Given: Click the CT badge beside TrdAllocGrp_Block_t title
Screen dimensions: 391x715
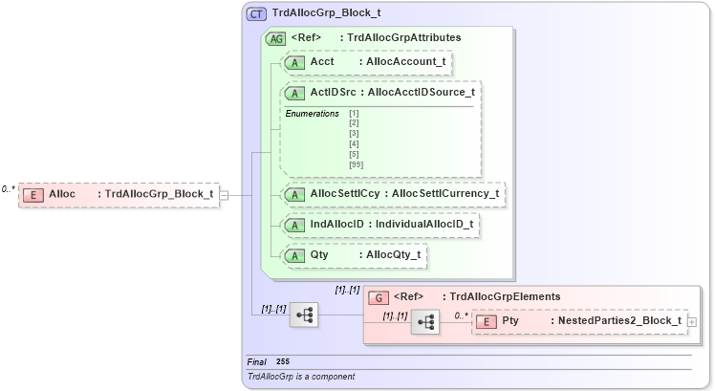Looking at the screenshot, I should [256, 14].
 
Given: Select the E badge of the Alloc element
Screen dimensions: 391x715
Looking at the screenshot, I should [33, 194].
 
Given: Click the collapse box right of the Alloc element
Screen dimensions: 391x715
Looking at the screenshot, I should [225, 195].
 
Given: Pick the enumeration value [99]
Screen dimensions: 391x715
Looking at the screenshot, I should [357, 164].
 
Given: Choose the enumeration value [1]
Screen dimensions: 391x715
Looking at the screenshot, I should [354, 114].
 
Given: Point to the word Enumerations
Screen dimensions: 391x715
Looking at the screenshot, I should [313, 114].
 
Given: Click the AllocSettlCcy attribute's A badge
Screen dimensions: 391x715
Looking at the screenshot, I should [294, 193].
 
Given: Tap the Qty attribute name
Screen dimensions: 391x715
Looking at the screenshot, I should [319, 255].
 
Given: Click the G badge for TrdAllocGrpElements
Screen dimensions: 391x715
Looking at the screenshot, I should [379, 296].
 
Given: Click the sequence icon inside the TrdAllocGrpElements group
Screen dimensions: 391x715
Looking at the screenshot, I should [424, 324].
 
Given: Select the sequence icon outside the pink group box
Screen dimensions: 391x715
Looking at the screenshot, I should [304, 314].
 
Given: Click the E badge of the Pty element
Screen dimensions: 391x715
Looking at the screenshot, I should [486, 321].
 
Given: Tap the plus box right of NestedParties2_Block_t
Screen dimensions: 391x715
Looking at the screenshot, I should [691, 322].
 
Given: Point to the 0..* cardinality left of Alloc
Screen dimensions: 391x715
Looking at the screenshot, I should [9, 188].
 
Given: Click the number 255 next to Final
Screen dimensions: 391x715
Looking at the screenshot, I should [283, 361].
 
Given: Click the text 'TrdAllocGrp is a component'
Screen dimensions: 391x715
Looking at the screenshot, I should [301, 377].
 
